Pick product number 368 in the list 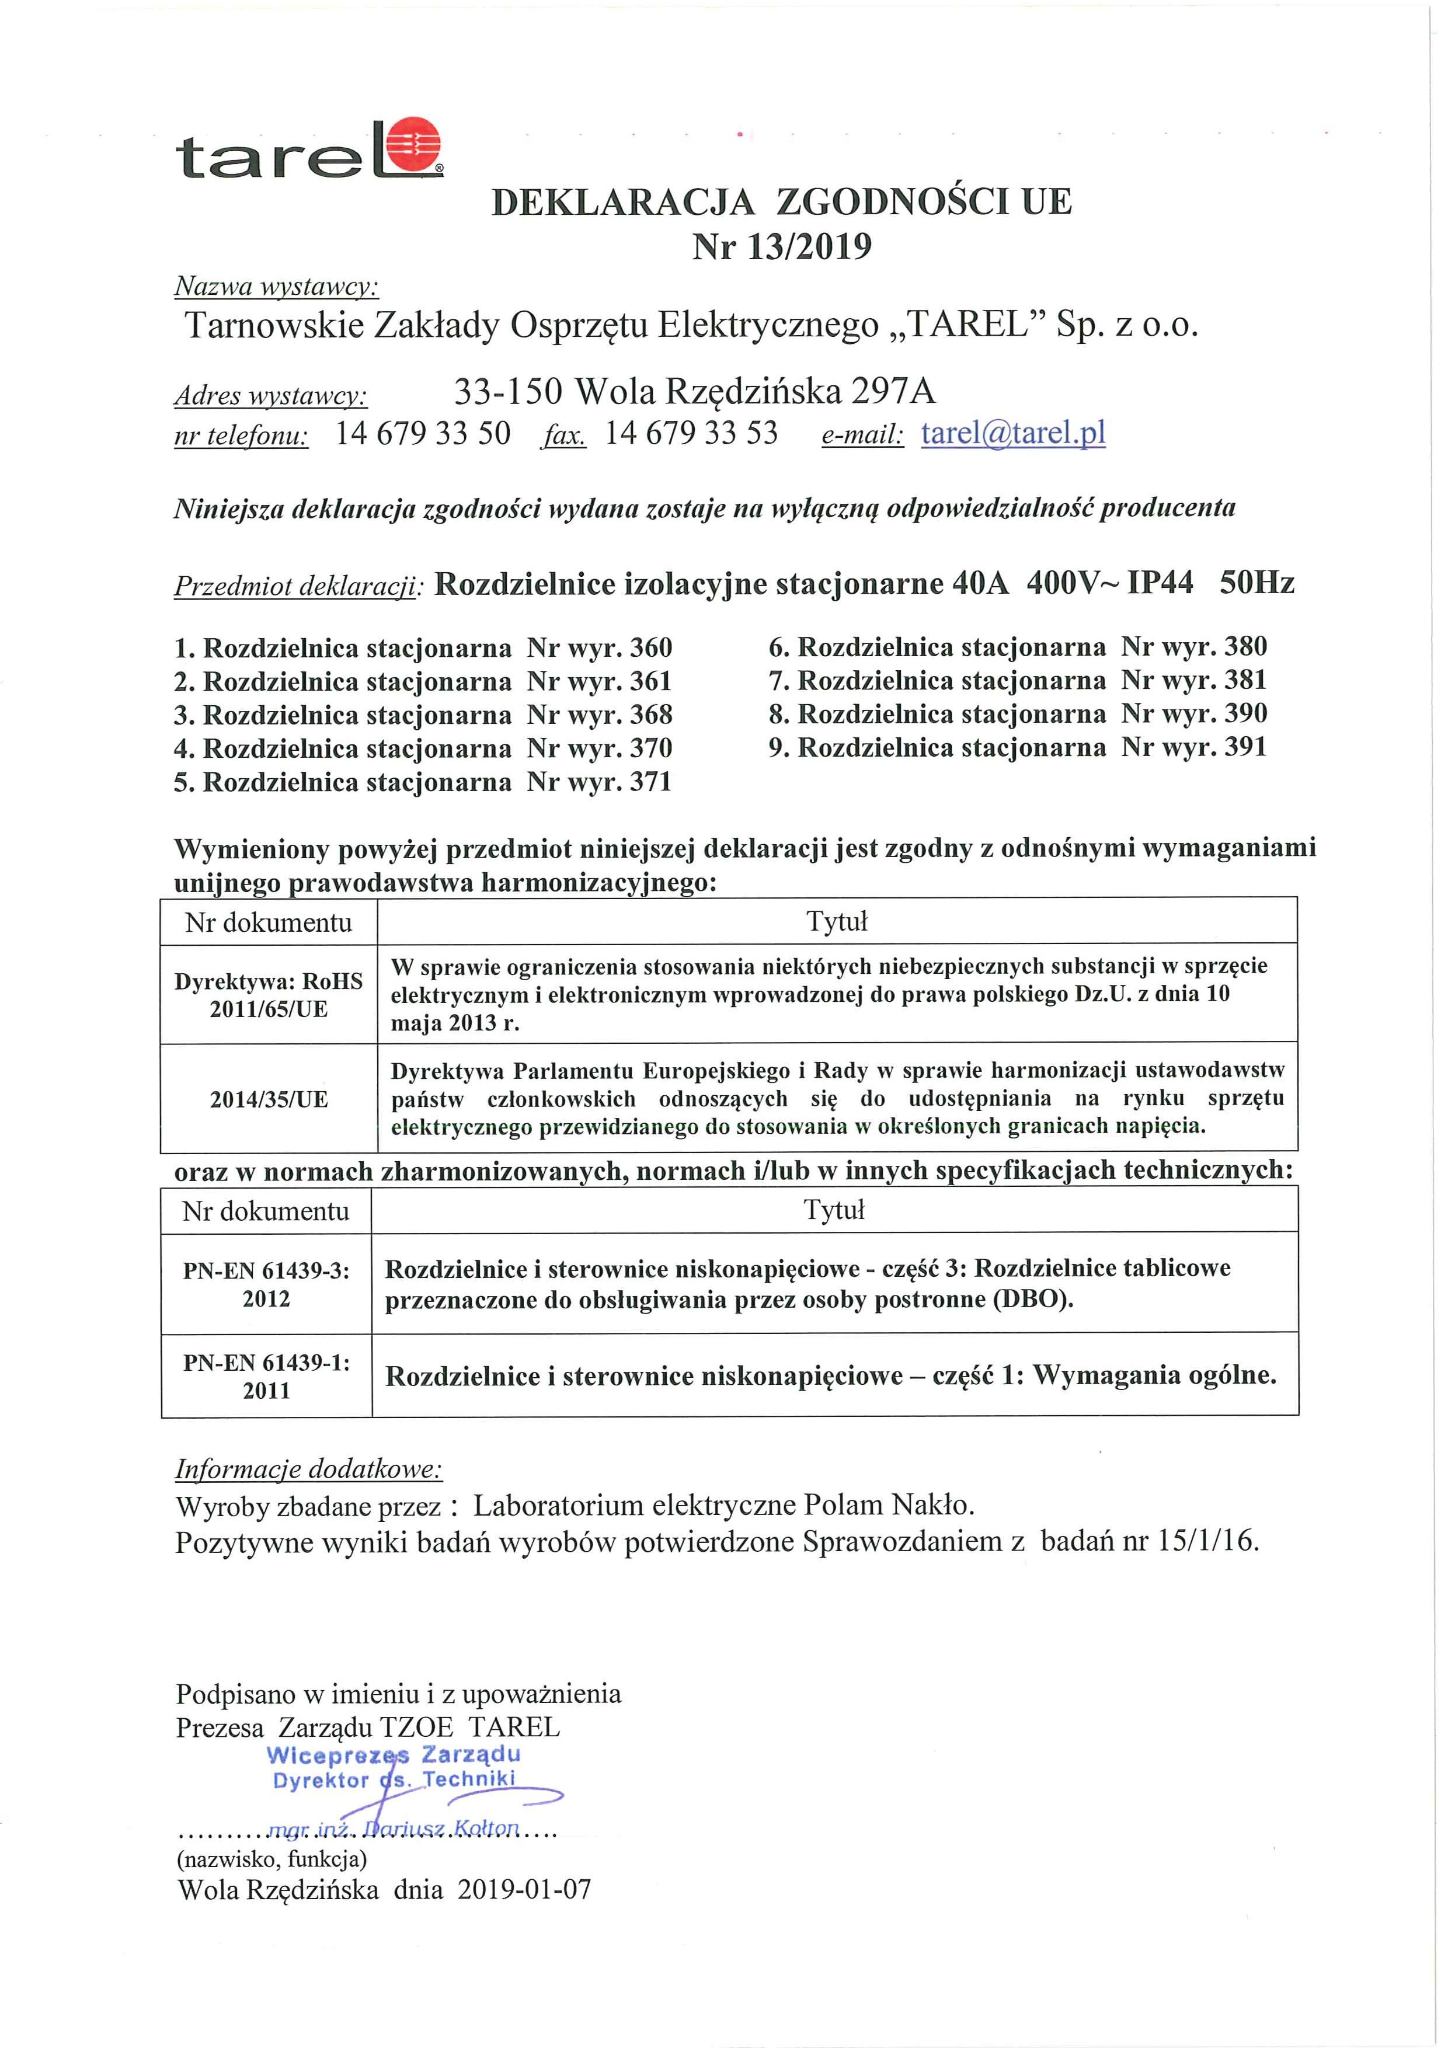click(650, 715)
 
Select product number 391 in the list click(1245, 747)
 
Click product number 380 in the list click(1245, 647)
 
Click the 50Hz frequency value click(1256, 583)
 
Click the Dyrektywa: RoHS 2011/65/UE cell click(269, 995)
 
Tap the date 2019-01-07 click(524, 1889)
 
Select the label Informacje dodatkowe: click(309, 1469)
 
